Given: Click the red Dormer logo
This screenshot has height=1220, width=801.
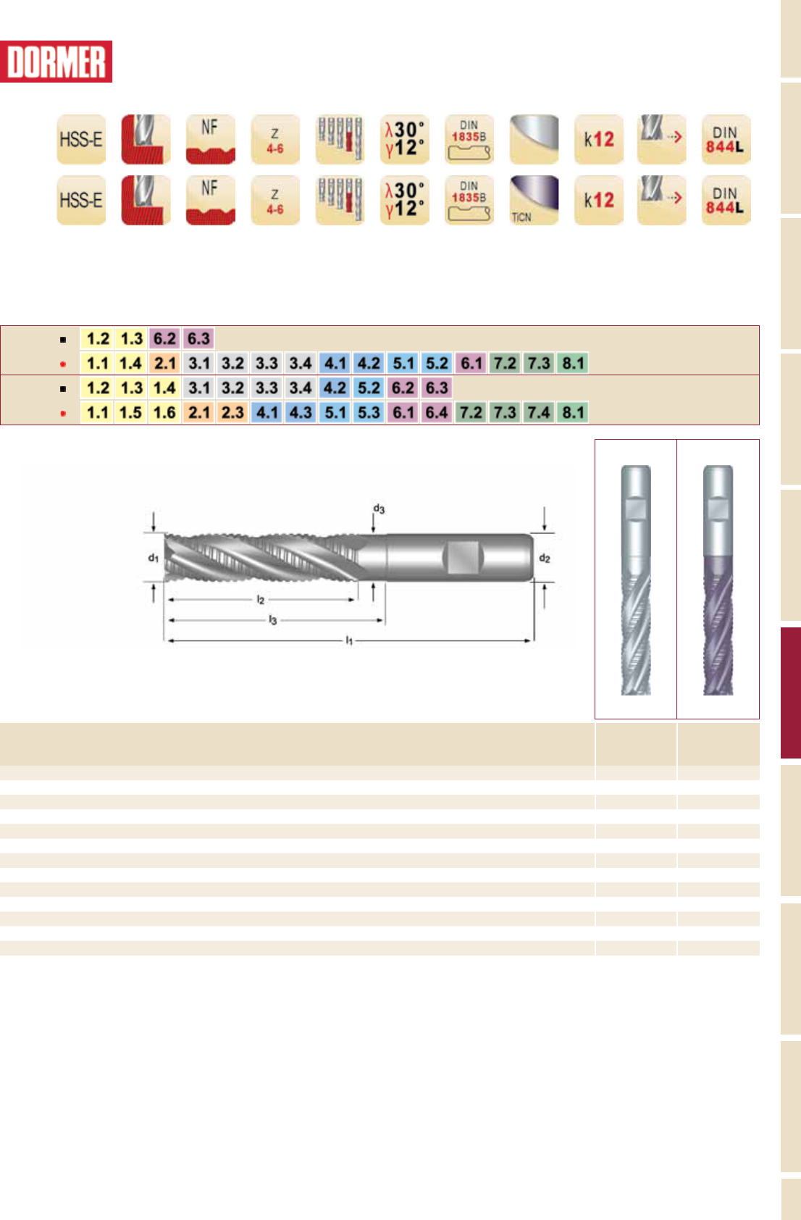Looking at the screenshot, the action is pos(56,62).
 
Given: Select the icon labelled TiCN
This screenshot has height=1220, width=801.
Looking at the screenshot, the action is pos(534,200).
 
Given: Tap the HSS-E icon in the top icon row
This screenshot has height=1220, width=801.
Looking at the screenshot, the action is pos(81,139).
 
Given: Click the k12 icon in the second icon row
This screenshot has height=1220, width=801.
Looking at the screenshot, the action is pos(598,200).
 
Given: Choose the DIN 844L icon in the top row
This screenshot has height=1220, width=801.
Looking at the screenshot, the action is pos(726,139).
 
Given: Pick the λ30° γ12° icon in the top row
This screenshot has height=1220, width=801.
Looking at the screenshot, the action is pos(405,139).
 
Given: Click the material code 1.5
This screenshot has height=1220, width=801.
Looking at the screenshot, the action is pos(130,412).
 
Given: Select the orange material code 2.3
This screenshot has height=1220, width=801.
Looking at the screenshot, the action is pos(232,412).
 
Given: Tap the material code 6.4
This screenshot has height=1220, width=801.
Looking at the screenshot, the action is pos(437,412).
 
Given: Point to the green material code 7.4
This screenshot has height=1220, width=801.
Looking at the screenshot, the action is pos(539,412).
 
